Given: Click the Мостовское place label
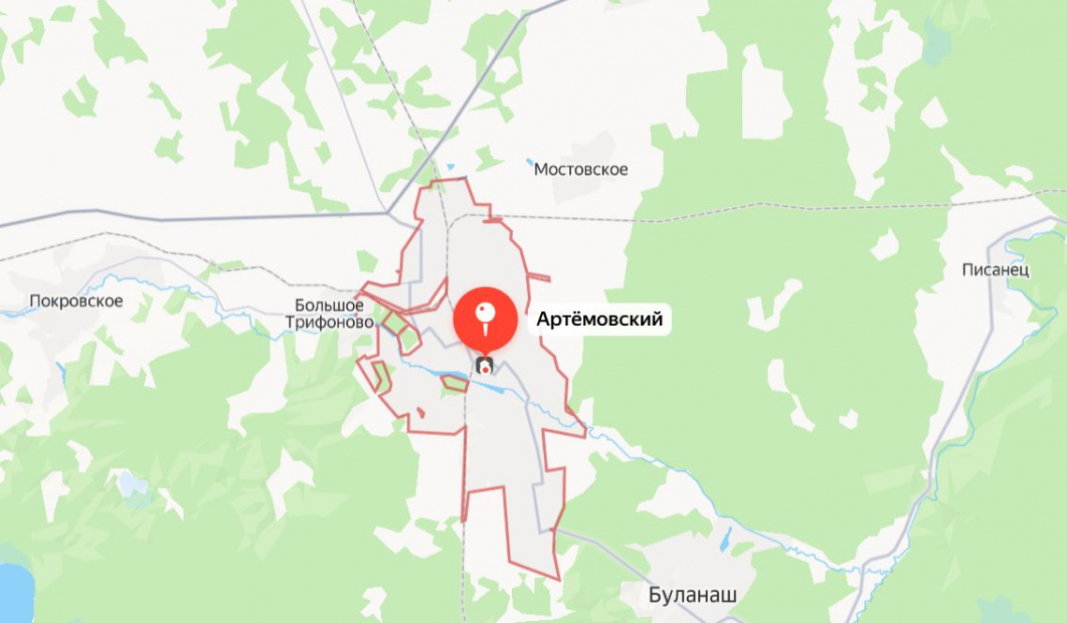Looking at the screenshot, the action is (x=580, y=170).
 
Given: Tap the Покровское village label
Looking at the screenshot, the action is (x=77, y=301).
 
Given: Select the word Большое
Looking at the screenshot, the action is (x=329, y=305).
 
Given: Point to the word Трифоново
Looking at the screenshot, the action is (x=329, y=322).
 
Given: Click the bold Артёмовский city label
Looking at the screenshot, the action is (x=599, y=320).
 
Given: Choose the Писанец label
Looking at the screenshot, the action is (x=995, y=270).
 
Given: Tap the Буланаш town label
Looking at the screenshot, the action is (x=694, y=594).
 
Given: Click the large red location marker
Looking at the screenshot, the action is (x=485, y=317).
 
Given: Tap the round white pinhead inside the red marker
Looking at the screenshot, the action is (x=485, y=309).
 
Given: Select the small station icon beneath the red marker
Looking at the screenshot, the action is (x=485, y=365).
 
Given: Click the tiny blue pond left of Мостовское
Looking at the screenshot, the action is (x=529, y=162).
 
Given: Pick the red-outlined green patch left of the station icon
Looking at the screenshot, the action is (x=454, y=382).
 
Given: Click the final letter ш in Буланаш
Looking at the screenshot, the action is (x=730, y=594).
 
